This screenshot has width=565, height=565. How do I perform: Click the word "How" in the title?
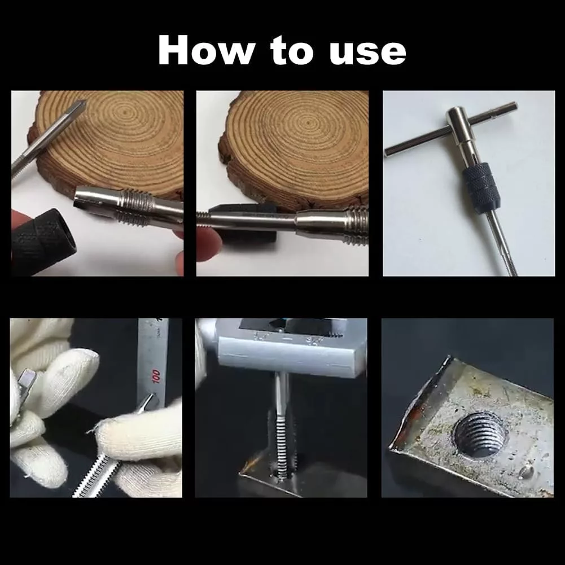point(207,50)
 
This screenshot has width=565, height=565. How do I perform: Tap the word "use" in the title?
point(367,53)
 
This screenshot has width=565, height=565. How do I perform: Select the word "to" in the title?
point(292,50)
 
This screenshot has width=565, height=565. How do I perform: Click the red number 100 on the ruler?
point(156,375)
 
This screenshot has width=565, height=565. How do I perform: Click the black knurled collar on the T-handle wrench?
point(480,188)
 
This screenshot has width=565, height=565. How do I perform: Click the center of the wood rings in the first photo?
point(126,112)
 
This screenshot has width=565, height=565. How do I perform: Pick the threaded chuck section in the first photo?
point(134,208)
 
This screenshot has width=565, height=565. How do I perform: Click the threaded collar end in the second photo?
point(357,225)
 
